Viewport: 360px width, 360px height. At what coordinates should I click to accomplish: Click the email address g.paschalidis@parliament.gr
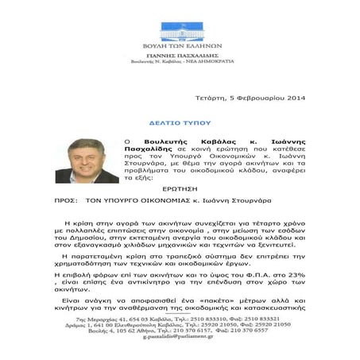click(180, 346)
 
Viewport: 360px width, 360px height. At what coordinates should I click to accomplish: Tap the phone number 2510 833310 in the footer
click(213, 318)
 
